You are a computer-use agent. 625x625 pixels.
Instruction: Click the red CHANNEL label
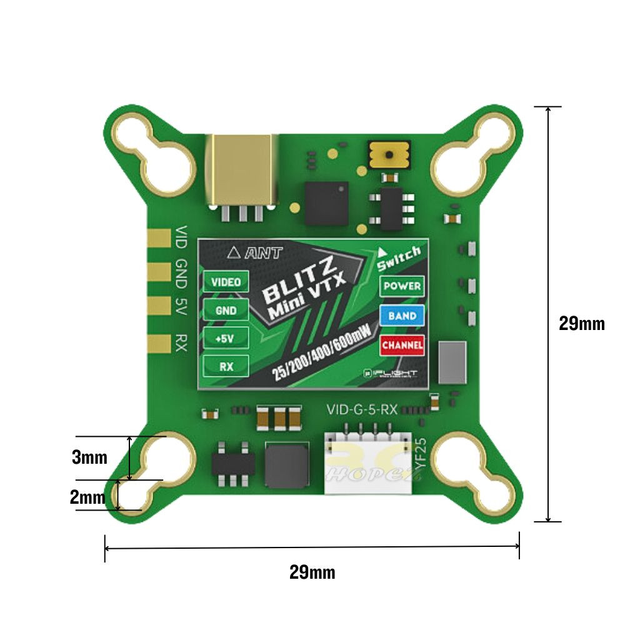[x=402, y=344]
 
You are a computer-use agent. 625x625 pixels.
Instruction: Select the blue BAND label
[x=402, y=316]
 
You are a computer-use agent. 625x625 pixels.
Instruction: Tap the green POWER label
[x=402, y=286]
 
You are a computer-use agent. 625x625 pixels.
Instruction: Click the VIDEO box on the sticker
[x=226, y=282]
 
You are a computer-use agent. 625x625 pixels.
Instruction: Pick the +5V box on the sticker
[x=226, y=338]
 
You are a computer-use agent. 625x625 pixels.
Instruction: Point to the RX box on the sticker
[x=226, y=367]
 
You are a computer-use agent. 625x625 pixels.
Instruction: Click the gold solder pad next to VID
[x=159, y=238]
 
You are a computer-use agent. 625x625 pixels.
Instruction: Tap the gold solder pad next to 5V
[x=159, y=306]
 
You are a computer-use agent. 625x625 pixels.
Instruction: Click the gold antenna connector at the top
[x=241, y=170]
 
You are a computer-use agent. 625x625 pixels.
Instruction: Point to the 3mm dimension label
[x=89, y=457]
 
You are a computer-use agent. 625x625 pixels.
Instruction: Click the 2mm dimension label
[x=87, y=497]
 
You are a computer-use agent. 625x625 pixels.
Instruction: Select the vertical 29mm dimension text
[x=581, y=324]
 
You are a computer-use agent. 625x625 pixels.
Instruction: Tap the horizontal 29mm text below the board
[x=312, y=572]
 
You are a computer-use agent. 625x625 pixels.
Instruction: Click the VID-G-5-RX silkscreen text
[x=362, y=411]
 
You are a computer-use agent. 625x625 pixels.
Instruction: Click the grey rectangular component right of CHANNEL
[x=452, y=362]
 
